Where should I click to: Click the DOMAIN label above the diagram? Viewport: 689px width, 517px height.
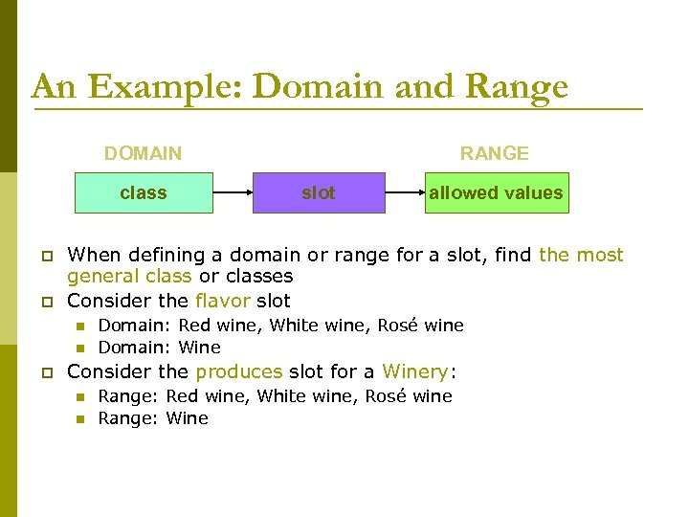click(x=143, y=153)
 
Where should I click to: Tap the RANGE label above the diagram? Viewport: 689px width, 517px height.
click(x=494, y=153)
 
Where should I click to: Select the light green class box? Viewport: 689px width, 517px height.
click(x=144, y=192)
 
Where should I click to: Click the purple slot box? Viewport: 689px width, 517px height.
click(x=319, y=192)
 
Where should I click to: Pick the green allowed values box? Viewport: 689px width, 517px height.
click(x=496, y=192)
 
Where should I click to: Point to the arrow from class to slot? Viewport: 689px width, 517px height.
click(x=233, y=192)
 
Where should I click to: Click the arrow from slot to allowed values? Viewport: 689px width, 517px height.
click(x=405, y=192)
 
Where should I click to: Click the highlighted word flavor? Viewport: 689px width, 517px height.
click(x=223, y=301)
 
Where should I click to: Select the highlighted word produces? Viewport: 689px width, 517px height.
click(x=239, y=371)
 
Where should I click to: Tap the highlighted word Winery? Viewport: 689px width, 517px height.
click(x=415, y=371)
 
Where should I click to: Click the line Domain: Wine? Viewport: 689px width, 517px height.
click(x=159, y=348)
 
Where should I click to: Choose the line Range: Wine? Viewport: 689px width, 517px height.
click(x=153, y=418)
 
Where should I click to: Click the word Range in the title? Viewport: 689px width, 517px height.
click(x=517, y=87)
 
